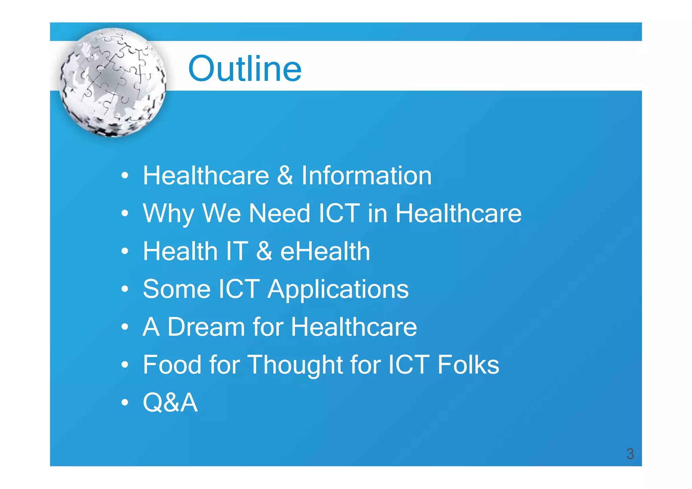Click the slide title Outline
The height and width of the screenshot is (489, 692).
245,69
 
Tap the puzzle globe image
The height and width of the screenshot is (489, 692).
113,82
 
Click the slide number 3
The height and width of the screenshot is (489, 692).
630,454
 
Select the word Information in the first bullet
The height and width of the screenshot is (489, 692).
366,176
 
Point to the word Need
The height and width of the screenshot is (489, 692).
279,213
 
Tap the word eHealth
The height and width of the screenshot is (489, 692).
325,251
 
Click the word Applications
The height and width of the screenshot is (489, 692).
338,290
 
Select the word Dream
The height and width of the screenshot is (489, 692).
206,327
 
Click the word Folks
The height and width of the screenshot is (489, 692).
468,365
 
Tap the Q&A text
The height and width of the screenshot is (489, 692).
170,403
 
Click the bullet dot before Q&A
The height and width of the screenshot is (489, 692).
125,403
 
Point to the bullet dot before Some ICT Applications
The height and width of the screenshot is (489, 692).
125,289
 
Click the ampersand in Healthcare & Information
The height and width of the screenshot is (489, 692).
285,176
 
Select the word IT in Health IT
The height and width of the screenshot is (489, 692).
237,251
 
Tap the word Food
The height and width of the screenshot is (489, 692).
172,365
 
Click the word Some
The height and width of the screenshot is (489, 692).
177,289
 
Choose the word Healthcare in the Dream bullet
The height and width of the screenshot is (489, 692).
354,327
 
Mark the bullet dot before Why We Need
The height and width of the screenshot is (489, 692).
125,213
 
